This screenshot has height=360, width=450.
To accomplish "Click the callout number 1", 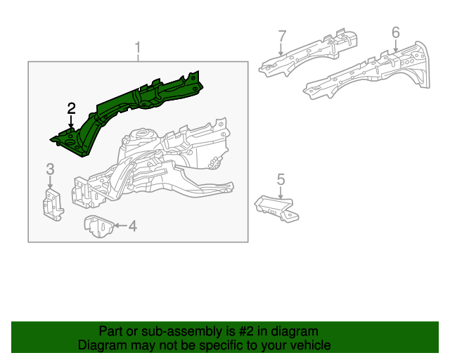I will click(x=138, y=49).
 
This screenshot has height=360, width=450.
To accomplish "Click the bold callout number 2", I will click(x=71, y=108).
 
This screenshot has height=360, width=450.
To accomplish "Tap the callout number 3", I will click(x=50, y=168).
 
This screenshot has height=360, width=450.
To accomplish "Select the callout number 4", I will click(x=132, y=226).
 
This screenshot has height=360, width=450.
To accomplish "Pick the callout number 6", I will click(x=395, y=32).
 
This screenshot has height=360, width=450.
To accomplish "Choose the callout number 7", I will click(x=282, y=35).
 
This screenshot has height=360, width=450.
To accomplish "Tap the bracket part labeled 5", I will click(x=276, y=209).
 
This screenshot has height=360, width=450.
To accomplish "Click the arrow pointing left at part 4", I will click(x=119, y=226).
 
